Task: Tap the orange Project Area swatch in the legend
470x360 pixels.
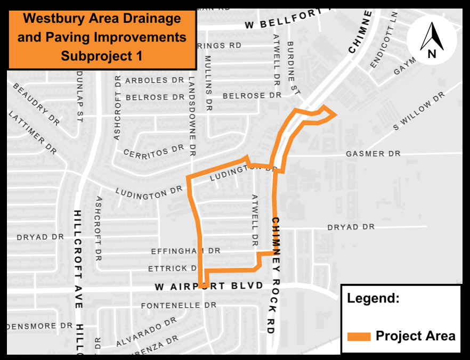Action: pos(359,336)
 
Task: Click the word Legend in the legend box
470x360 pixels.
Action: pos(373,298)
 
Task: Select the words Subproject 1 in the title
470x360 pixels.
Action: pos(102,55)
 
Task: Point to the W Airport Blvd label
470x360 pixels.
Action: pos(209,287)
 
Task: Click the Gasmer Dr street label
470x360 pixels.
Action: pos(372,153)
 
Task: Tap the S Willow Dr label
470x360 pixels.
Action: pos(418,112)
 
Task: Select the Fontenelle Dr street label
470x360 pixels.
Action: pos(179,306)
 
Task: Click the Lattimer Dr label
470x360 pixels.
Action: pos(33,133)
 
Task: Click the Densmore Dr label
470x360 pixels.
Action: pos(39,325)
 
